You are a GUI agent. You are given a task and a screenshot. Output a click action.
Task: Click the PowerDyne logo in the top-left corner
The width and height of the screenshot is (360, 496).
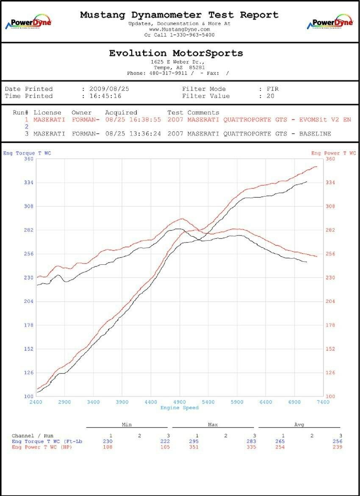(x=28, y=23)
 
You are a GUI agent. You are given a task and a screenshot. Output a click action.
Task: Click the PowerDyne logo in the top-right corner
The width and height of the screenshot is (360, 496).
(x=330, y=23)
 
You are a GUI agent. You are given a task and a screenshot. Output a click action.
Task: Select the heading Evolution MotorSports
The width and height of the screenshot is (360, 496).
(x=176, y=53)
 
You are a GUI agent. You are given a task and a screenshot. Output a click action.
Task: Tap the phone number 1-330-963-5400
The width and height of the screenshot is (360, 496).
(x=192, y=35)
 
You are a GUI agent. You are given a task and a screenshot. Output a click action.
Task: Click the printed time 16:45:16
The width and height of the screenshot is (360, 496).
(x=105, y=96)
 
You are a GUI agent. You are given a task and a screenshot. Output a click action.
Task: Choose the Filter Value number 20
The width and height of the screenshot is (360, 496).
(x=270, y=96)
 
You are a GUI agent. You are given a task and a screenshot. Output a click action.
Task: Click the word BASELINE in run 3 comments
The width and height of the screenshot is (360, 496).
(x=315, y=134)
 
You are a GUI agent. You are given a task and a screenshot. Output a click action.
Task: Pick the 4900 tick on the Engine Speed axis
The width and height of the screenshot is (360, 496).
(x=180, y=402)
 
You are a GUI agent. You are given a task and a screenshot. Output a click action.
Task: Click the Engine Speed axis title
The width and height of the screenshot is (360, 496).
(x=180, y=408)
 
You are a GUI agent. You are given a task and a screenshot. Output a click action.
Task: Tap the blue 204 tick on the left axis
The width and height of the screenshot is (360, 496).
(x=28, y=302)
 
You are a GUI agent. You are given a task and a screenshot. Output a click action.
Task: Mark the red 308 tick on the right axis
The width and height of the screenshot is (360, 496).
(x=330, y=207)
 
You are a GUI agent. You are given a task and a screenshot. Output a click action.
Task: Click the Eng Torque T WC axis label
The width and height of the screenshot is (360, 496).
(x=27, y=153)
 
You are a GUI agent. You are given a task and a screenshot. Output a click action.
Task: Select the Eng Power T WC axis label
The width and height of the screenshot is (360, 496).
(x=333, y=153)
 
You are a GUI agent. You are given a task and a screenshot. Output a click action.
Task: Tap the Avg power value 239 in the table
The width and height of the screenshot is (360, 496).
(x=337, y=447)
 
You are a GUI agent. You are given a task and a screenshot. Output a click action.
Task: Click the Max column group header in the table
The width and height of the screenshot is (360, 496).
(x=213, y=424)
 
